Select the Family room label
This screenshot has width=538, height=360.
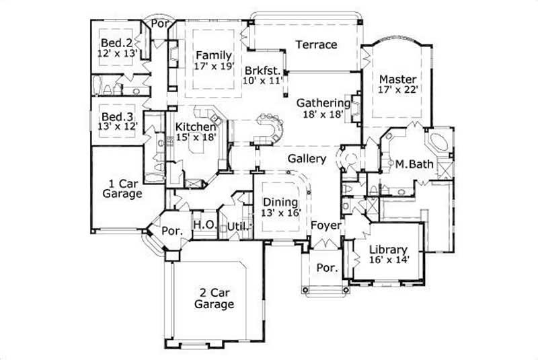coord(214,55)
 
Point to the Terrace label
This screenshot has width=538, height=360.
coord(316,45)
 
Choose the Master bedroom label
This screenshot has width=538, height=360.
coord(395,78)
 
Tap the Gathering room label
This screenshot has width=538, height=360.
coord(323,103)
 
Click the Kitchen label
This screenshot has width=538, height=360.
coord(196,127)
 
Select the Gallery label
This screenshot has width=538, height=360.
coord(307,159)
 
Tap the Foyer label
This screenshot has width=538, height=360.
coord(325,226)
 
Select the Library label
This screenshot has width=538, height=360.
coord(388,247)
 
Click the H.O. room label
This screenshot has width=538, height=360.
coord(204,225)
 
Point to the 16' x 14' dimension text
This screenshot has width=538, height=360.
coord(390,258)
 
